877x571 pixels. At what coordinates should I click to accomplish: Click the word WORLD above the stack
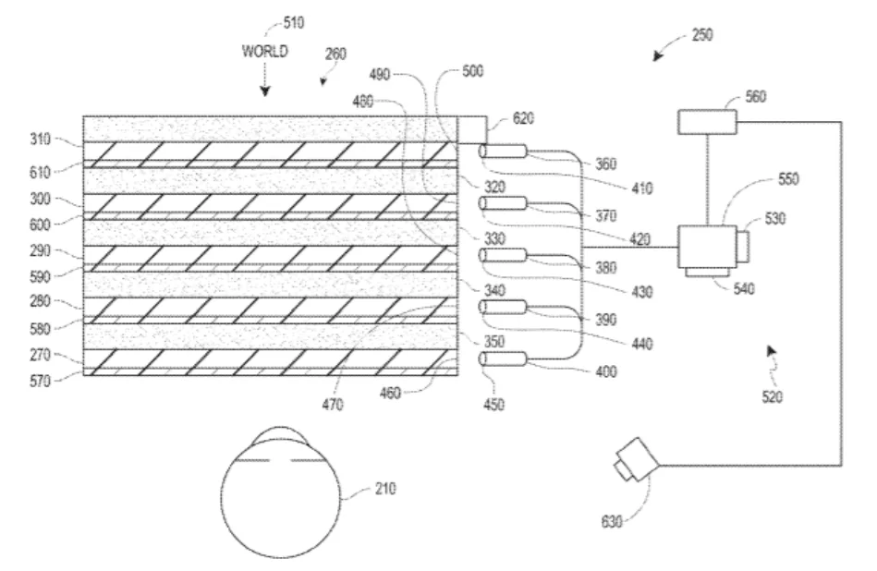(265, 52)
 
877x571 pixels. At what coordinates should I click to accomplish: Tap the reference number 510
(294, 23)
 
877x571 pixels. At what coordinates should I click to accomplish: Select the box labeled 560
(707, 122)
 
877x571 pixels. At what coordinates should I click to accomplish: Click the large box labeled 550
(707, 247)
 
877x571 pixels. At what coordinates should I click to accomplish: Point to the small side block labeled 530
(743, 246)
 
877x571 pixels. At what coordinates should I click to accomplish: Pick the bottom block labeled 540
(708, 273)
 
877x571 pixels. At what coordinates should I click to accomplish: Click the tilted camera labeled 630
(637, 459)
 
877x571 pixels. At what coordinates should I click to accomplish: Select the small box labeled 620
(471, 129)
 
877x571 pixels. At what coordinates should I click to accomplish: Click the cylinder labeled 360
(503, 151)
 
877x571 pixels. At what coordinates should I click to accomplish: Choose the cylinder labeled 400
(503, 359)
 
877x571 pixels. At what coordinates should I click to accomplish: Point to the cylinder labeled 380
(503, 255)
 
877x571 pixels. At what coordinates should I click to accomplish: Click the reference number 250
(702, 35)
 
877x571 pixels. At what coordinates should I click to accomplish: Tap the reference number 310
(41, 139)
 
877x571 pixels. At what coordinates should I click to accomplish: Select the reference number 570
(41, 382)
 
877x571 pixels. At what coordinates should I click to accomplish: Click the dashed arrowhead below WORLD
(265, 91)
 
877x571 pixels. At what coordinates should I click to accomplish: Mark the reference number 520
(772, 396)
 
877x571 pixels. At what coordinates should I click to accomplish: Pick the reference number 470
(333, 405)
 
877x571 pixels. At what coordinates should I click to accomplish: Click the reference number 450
(493, 405)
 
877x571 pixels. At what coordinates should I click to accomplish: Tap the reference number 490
(380, 75)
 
